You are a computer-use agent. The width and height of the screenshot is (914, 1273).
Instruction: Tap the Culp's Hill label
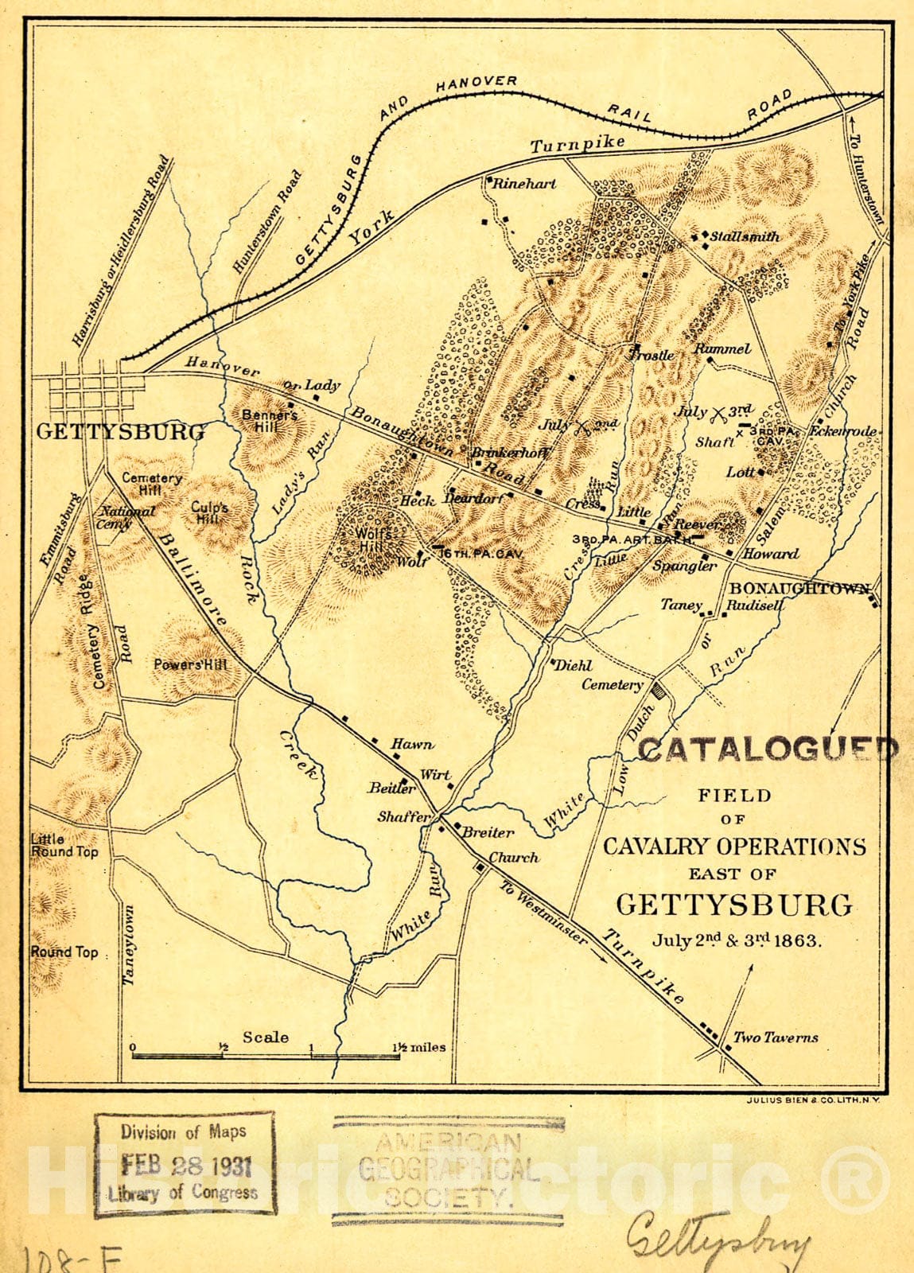(211, 513)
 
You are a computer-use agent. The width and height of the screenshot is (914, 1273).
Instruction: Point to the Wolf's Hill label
(374, 539)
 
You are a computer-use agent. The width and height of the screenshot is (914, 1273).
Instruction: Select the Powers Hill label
(191, 664)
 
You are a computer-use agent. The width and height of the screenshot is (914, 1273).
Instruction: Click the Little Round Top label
(64, 845)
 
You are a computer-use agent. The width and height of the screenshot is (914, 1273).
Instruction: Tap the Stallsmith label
(744, 236)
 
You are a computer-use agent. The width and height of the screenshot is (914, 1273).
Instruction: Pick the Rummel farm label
(722, 348)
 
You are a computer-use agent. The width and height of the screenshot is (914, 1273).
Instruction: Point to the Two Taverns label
(775, 1037)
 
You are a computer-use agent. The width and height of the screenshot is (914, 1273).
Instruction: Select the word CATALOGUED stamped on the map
(768, 749)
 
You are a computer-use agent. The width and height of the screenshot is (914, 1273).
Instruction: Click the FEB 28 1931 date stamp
(186, 1166)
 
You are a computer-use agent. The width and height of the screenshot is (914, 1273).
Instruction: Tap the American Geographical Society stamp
(448, 1169)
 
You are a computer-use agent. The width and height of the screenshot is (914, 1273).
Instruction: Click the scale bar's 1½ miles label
(419, 1047)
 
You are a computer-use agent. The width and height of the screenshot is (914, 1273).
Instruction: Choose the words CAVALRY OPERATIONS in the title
(733, 846)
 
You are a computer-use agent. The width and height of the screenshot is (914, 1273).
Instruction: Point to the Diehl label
(573, 665)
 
